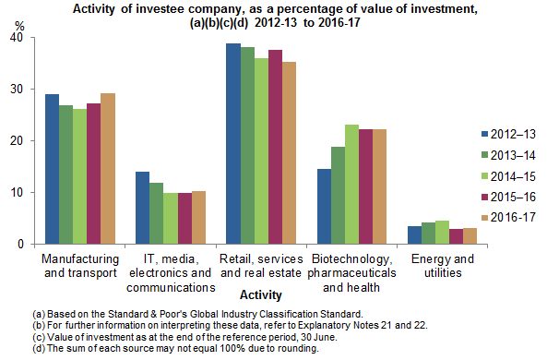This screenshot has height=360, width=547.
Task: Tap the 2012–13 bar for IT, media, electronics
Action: (142, 208)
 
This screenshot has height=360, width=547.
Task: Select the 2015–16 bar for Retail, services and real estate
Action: (274, 147)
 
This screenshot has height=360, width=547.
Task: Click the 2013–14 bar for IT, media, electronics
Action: (156, 213)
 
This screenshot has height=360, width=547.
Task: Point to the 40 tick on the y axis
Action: (18, 38)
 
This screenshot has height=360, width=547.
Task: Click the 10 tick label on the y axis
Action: (18, 193)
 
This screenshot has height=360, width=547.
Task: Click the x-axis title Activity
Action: (261, 294)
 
